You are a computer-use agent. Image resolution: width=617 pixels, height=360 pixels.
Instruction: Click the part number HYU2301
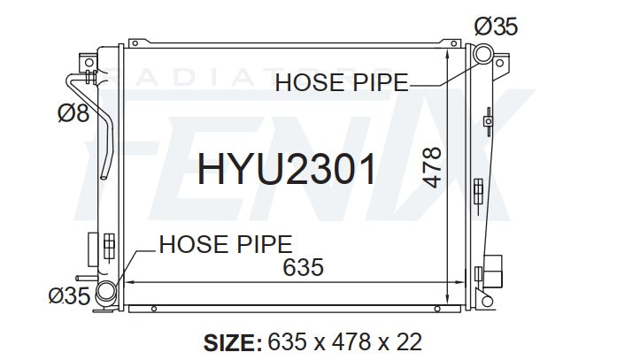tap(287, 169)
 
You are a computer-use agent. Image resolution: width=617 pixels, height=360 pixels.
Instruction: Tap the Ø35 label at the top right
tap(496, 27)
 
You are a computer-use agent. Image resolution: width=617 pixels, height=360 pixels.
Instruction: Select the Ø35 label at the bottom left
tap(69, 295)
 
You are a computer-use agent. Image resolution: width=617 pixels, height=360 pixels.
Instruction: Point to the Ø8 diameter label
tap(73, 113)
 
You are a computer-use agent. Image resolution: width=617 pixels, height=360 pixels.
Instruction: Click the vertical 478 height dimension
tap(432, 167)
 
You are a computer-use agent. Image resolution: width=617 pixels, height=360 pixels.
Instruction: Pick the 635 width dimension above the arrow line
tap(303, 268)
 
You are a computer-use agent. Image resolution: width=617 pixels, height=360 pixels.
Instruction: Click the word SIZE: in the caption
tap(233, 342)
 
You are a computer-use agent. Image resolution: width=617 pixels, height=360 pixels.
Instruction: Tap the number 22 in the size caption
tap(409, 342)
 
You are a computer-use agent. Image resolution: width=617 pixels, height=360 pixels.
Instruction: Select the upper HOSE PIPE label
tap(342, 83)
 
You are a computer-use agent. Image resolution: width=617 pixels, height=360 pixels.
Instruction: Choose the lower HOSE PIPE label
tap(226, 244)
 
